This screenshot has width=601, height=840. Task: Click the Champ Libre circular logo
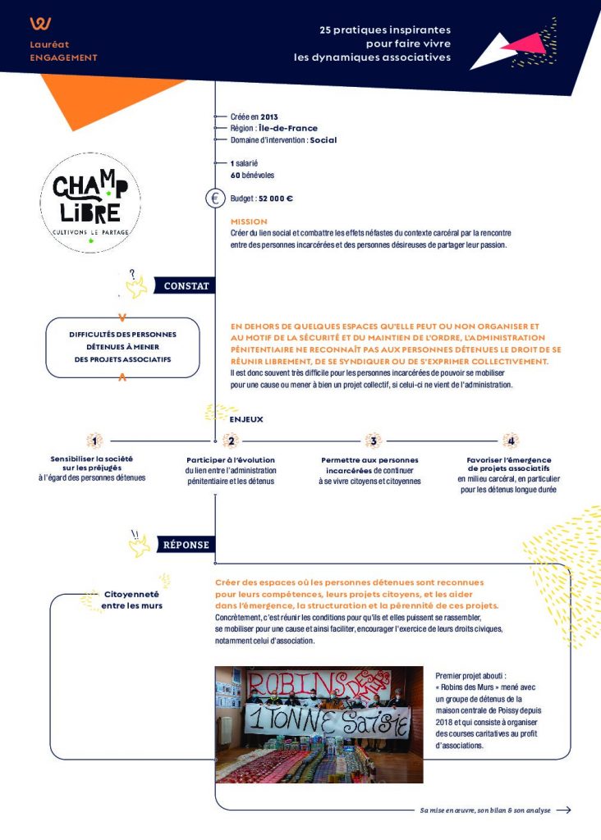[90, 202]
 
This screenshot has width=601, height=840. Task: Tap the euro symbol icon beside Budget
[215, 198]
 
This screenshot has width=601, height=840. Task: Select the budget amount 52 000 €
[277, 199]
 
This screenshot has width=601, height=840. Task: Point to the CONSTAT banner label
[186, 286]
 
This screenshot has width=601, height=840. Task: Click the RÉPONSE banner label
[186, 544]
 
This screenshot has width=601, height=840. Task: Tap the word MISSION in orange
[249, 221]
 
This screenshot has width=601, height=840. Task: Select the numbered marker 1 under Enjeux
[95, 441]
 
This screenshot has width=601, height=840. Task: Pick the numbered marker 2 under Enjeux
[232, 441]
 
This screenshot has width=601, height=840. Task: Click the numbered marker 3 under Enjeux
[373, 441]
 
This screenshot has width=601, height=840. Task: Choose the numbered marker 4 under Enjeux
[510, 441]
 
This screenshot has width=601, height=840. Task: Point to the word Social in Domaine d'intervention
[323, 140]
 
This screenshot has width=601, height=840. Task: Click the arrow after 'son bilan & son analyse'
[563, 810]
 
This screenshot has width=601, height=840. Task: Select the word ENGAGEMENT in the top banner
[63, 57]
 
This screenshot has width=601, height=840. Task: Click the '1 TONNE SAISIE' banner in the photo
[328, 723]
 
